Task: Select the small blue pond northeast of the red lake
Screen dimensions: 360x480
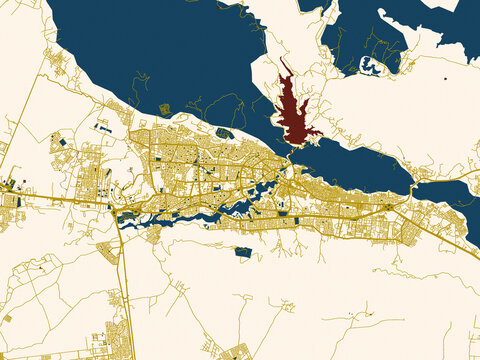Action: (x=371, y=66)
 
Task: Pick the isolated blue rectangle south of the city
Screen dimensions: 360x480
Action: (x=242, y=251)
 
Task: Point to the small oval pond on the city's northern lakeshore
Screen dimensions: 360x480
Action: (x=224, y=133)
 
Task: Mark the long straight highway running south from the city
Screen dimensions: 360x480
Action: (x=128, y=290)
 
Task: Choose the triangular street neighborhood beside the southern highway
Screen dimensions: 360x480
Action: (x=109, y=250)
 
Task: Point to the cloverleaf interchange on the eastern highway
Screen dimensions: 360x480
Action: (x=389, y=205)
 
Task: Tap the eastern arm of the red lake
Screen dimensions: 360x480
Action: (x=314, y=131)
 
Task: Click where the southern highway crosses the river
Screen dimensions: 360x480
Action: (x=119, y=218)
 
